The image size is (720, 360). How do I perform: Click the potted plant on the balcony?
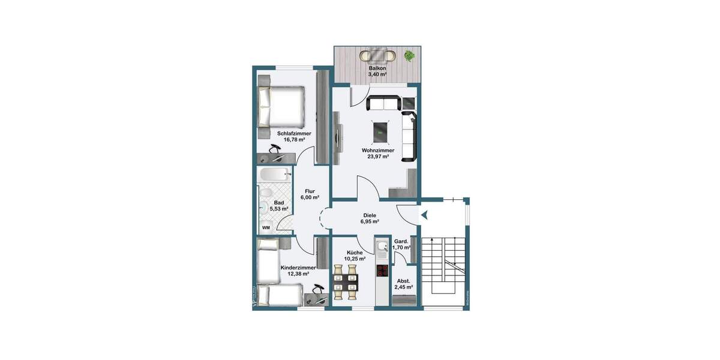(409, 56)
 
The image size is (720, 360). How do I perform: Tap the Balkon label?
(377, 69)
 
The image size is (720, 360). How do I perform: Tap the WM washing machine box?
(266, 228)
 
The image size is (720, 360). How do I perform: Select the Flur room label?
(310, 191)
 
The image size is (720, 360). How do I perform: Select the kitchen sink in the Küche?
(382, 247)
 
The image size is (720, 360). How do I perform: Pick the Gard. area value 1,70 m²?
(401, 247)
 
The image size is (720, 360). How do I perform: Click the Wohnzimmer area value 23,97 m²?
(378, 157)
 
